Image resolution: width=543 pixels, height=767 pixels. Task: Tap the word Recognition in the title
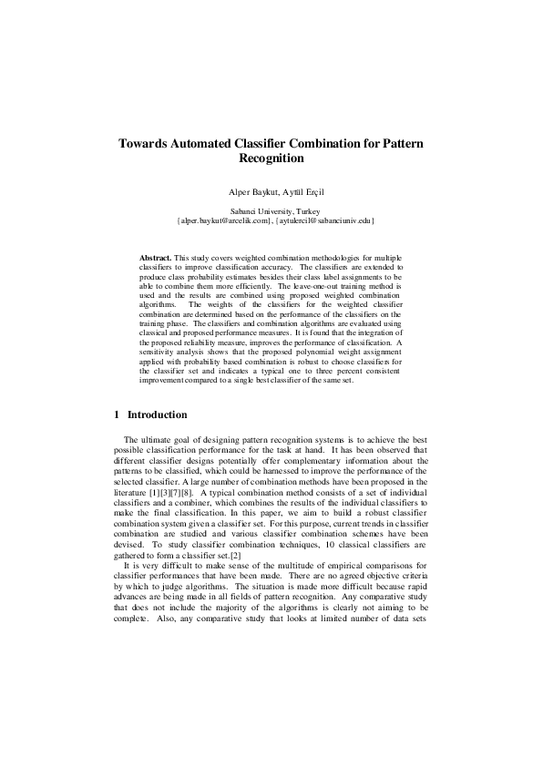click(x=271, y=159)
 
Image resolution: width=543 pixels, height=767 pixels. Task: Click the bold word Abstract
click(x=155, y=259)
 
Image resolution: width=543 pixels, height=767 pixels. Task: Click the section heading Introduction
click(x=158, y=414)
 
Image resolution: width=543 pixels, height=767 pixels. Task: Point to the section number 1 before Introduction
click(x=118, y=414)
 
